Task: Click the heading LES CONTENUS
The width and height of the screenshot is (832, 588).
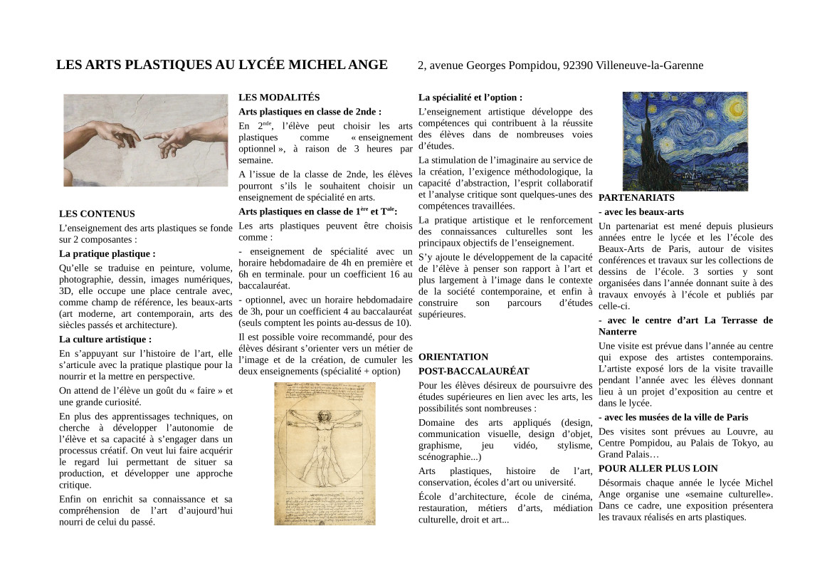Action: pyautogui.click(x=97, y=214)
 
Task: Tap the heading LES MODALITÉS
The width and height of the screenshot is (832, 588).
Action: pyautogui.click(x=279, y=98)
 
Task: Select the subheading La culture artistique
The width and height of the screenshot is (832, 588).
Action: pyautogui.click(x=105, y=340)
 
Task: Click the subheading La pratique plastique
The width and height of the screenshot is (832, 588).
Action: pyautogui.click(x=107, y=253)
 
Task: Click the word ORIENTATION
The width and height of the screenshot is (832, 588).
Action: pyautogui.click(x=453, y=357)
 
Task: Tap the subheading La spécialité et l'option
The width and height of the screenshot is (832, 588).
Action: pyautogui.click(x=470, y=98)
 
